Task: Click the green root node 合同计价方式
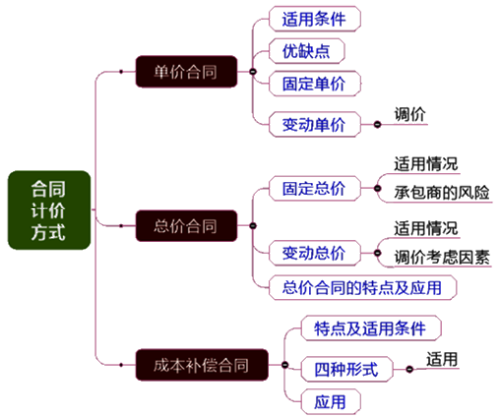[49, 210]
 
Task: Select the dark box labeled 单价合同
[186, 72]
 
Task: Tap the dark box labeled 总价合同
[186, 226]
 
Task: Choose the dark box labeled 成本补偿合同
[202, 365]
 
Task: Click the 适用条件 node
[315, 19]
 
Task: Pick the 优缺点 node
[307, 51]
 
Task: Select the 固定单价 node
[315, 83]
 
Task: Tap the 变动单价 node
[315, 125]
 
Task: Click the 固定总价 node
[315, 188]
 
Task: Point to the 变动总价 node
[315, 253]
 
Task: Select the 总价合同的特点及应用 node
[363, 288]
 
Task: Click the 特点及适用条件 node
[371, 328]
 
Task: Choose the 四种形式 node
[347, 369]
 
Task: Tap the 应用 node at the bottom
[331, 402]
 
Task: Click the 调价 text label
[410, 115]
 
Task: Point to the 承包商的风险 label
[442, 193]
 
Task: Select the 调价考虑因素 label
[442, 257]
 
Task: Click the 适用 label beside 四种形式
[442, 359]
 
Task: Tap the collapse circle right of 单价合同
[253, 71]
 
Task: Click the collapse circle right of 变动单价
[377, 125]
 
